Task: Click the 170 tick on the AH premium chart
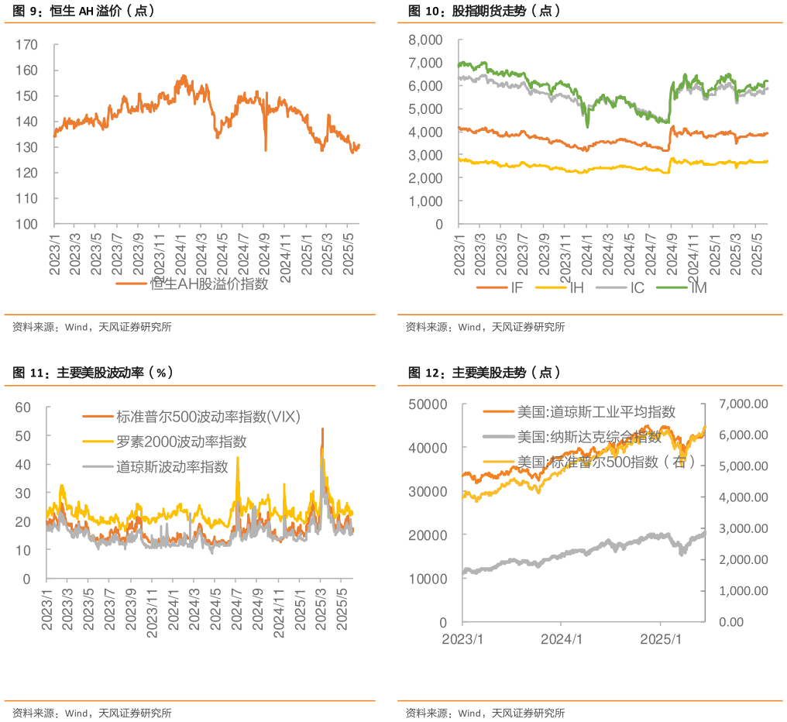[x=27, y=45]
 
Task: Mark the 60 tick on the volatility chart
[x=22, y=407]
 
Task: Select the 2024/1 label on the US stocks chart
[x=562, y=640]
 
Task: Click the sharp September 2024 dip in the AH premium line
[x=266, y=150]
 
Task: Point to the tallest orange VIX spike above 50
[x=322, y=429]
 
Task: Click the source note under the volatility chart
[x=92, y=713]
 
